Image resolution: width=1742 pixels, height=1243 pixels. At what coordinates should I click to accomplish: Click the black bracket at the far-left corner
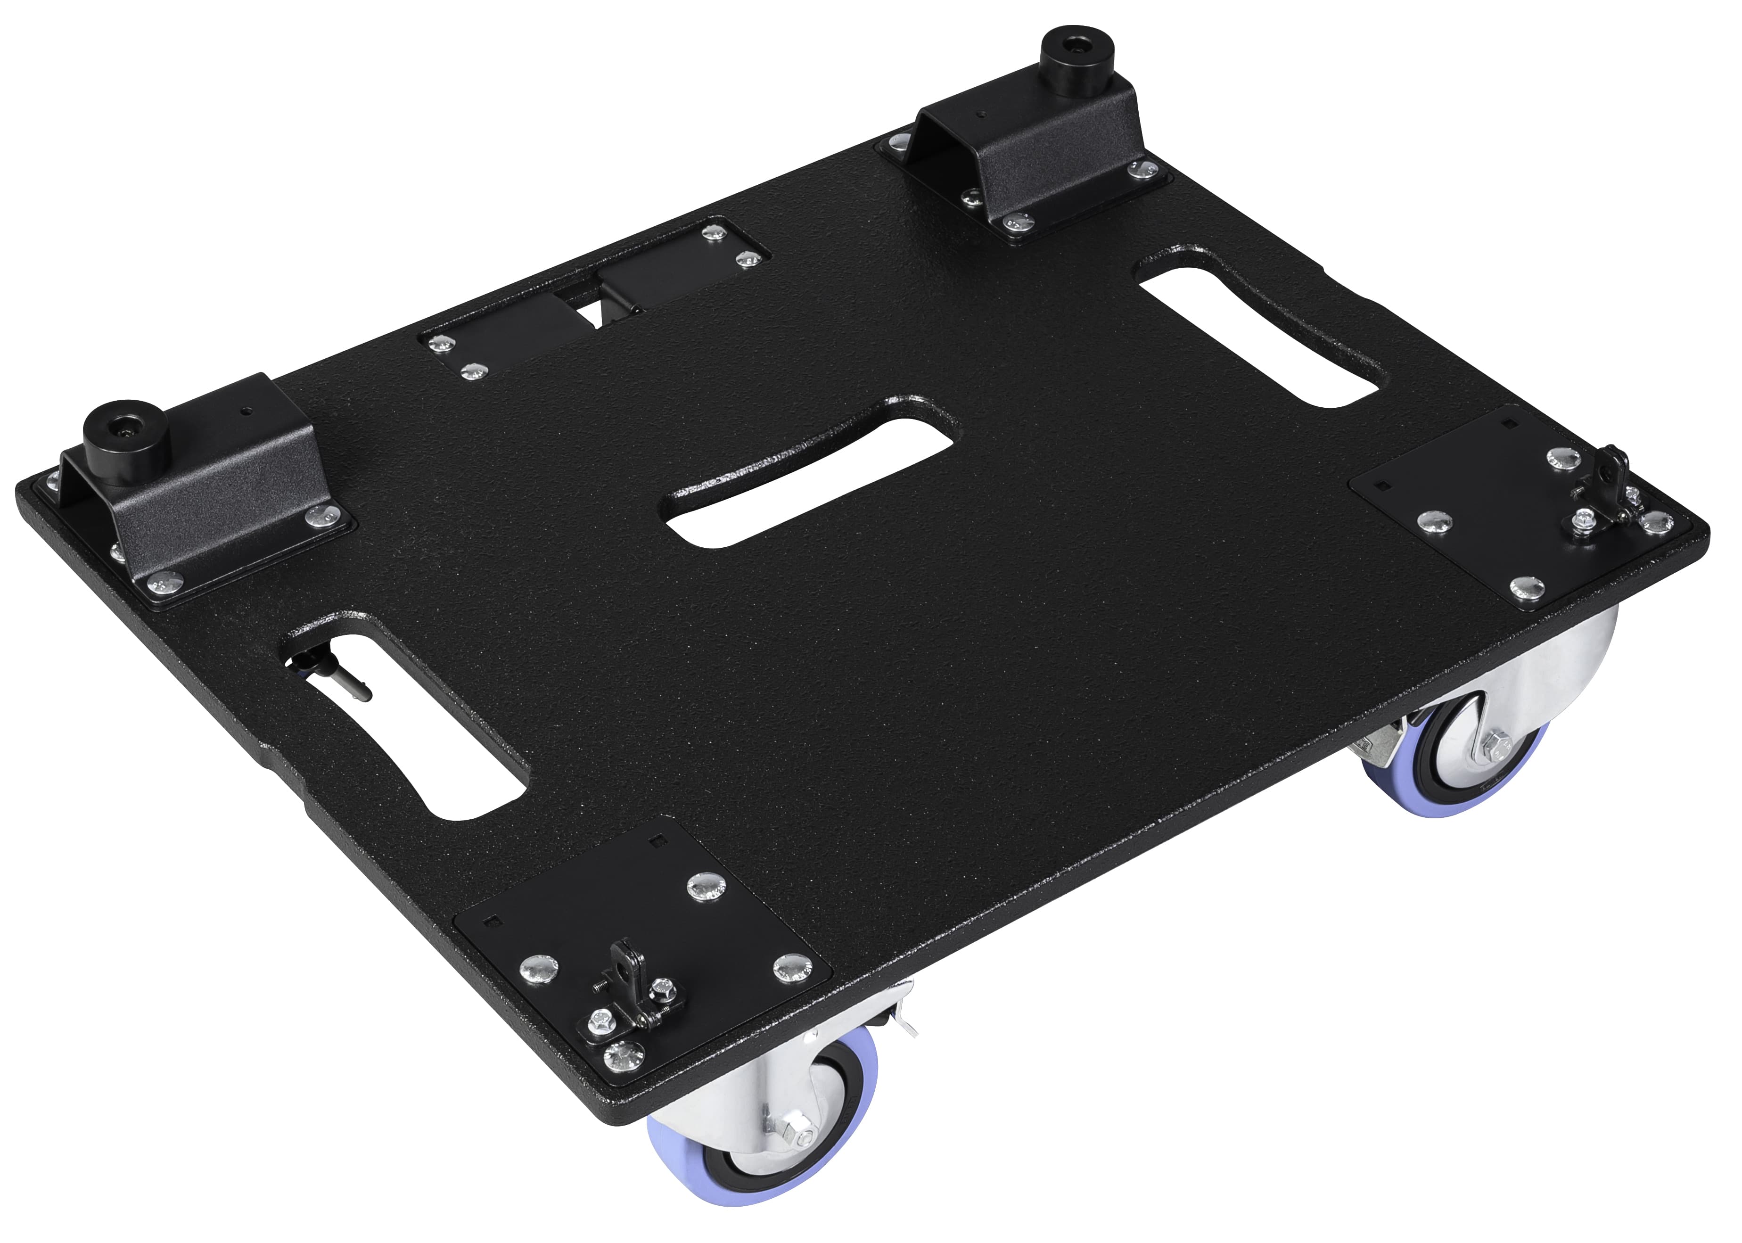[206, 505]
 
